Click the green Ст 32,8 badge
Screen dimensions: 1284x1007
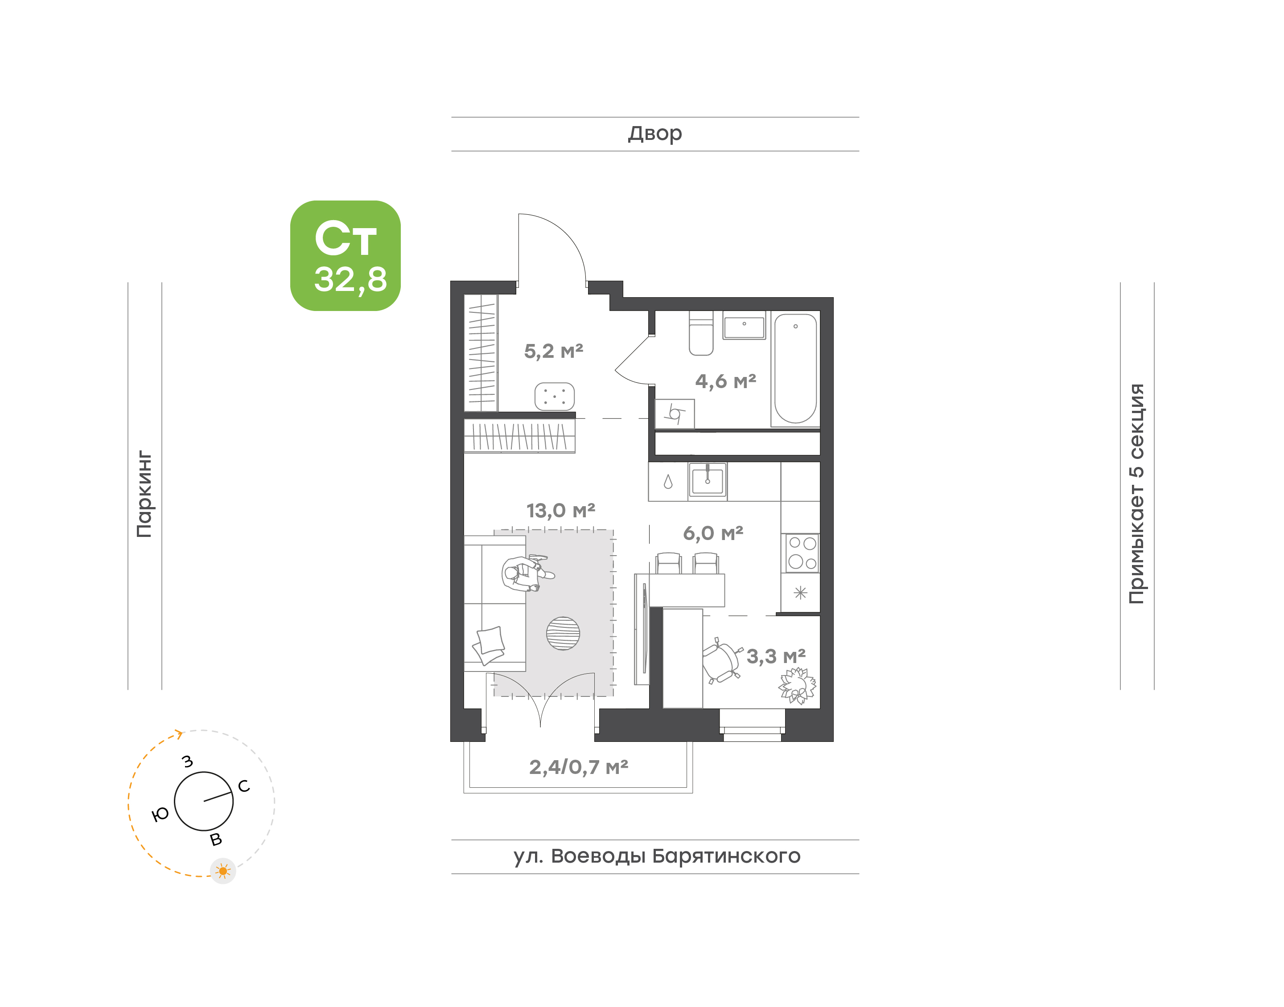[345, 255]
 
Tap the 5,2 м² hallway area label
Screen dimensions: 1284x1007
[553, 352]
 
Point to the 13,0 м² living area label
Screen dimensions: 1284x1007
[560, 511]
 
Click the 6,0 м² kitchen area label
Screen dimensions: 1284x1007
[713, 533]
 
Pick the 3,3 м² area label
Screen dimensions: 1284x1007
[776, 656]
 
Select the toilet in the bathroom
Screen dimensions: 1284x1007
[701, 333]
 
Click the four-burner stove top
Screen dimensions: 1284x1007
[802, 553]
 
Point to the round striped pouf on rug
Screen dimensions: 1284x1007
[563, 633]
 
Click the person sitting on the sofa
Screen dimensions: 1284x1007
[526, 573]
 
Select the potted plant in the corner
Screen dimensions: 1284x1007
[798, 686]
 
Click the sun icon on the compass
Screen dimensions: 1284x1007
[223, 871]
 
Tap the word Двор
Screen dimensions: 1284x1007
[654, 134]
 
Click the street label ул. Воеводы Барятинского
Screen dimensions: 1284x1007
[657, 856]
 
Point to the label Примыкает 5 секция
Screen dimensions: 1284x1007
[1136, 494]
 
